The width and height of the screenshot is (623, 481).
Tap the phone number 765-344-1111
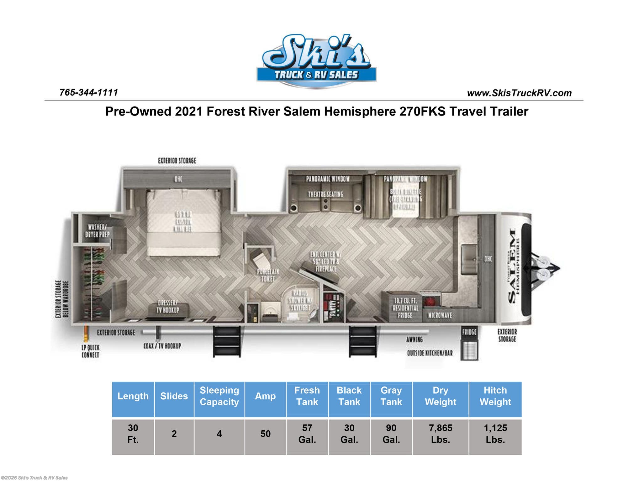pyautogui.click(x=89, y=92)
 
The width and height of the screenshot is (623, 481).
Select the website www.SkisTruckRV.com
pyautogui.click(x=519, y=93)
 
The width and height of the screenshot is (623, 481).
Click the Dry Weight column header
pyautogui.click(x=440, y=396)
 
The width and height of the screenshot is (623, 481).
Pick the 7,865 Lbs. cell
pyautogui.click(x=440, y=434)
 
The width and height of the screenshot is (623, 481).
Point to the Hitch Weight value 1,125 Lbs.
pyautogui.click(x=495, y=434)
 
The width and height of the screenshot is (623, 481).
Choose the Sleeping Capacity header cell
pyautogui.click(x=219, y=396)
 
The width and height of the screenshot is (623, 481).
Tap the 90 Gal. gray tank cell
pyautogui.click(x=391, y=434)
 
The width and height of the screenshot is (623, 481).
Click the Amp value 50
pyautogui.click(x=265, y=434)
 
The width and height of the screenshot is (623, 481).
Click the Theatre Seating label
pyautogui.click(x=325, y=194)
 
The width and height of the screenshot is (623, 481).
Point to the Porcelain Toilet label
pyautogui.click(x=268, y=275)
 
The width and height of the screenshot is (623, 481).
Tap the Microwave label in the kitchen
pyautogui.click(x=440, y=315)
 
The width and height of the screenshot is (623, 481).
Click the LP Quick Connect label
pyautogui.click(x=90, y=351)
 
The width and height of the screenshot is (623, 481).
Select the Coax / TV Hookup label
pyautogui.click(x=162, y=346)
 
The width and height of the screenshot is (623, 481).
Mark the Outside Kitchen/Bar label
pyautogui.click(x=430, y=353)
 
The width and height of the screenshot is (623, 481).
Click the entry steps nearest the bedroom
pyautogui.click(x=227, y=341)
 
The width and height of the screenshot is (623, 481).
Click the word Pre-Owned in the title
pyautogui.click(x=138, y=111)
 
